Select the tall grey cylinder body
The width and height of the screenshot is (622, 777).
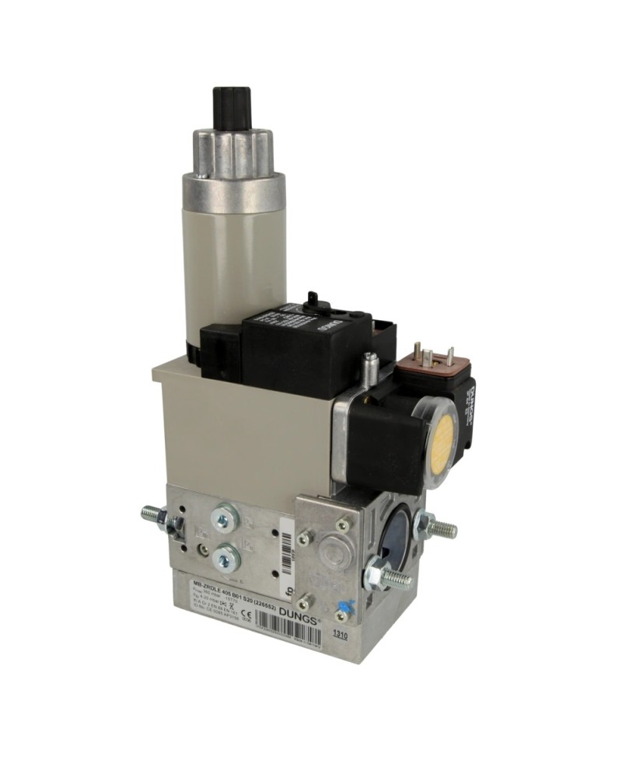pyautogui.click(x=233, y=249)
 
